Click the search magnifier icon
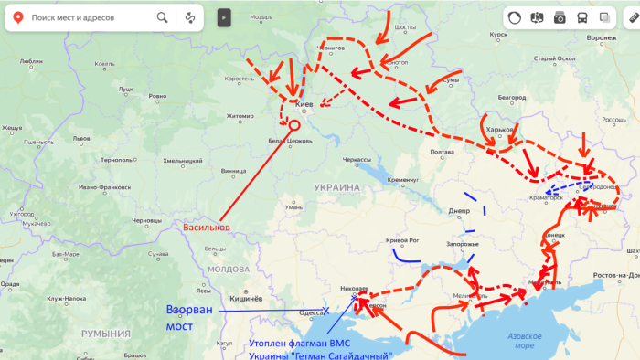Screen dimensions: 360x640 point(162,17)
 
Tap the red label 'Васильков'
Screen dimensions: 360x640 point(207,228)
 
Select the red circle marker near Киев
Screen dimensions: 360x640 point(294,124)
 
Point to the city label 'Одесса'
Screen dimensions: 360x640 point(312,312)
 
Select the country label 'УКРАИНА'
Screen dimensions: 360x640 point(337,186)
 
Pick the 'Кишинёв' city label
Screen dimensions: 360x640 point(246,299)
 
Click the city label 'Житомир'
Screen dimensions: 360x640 point(240,116)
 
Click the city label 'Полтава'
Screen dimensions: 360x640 point(442,152)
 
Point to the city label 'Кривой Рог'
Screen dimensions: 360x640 point(402,240)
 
